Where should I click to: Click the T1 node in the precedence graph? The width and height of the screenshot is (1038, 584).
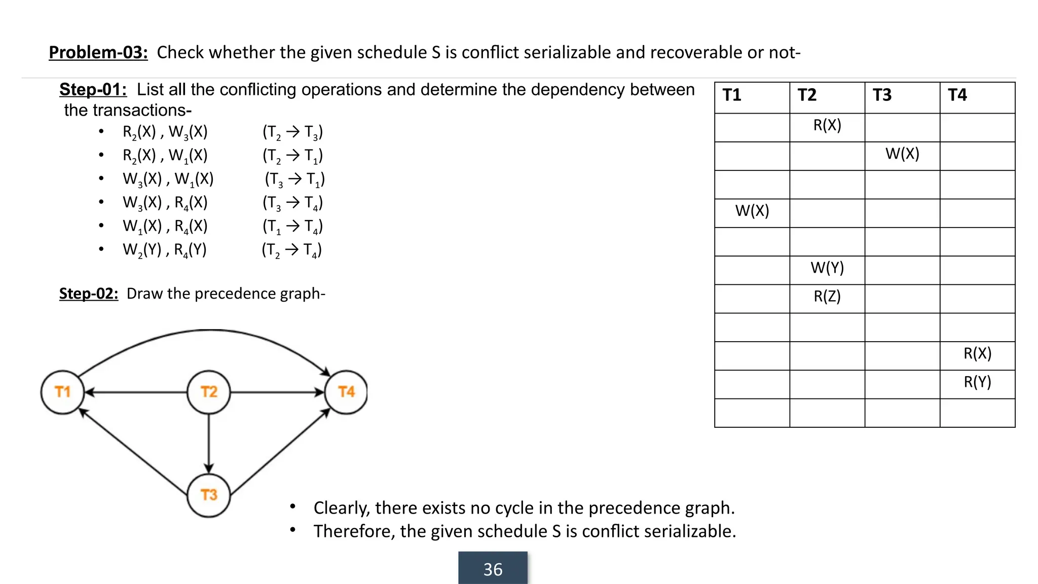[x=62, y=392]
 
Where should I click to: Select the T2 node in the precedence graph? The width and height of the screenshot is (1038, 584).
[x=209, y=392]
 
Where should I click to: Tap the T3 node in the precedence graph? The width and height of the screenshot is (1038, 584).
[x=209, y=495]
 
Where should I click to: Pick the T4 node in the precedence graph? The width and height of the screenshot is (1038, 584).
[x=347, y=392]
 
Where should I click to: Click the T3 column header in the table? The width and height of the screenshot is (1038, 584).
[x=882, y=95]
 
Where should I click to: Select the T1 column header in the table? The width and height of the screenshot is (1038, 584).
[x=732, y=95]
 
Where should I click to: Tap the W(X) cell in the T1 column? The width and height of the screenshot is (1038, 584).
[x=752, y=211]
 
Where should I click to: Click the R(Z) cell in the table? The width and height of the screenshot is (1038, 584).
[x=827, y=297]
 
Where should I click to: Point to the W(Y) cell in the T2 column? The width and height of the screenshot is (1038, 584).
[x=827, y=268]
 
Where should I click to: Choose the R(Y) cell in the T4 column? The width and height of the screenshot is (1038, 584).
[x=977, y=382]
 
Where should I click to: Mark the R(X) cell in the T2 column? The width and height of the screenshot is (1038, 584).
[x=827, y=125]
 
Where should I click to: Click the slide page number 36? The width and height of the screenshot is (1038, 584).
[x=493, y=569]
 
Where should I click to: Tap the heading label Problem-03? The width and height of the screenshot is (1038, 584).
[x=98, y=52]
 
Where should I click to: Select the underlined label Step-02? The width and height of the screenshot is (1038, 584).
[x=89, y=294]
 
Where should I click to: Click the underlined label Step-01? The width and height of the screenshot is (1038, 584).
[x=93, y=90]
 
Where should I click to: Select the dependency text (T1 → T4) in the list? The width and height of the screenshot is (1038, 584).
[x=292, y=227]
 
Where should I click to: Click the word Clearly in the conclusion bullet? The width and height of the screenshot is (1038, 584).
[x=341, y=508]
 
